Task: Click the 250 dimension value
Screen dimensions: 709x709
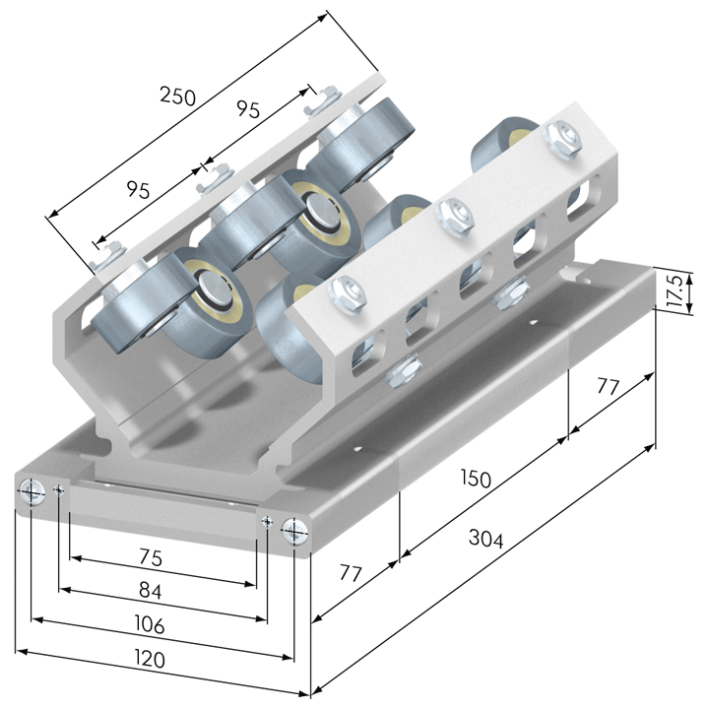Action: [x=177, y=97]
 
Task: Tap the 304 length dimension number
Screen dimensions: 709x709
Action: [x=485, y=538]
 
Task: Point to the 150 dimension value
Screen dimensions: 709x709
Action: [x=476, y=478]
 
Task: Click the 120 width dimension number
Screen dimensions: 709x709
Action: [x=150, y=659]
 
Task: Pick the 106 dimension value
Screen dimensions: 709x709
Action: [x=150, y=624]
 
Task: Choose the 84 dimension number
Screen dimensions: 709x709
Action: [x=150, y=591]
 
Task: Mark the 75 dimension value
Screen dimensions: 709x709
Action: [x=151, y=557]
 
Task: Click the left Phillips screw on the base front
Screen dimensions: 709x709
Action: [x=32, y=492]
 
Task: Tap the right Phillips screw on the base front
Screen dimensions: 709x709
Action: [x=294, y=531]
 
